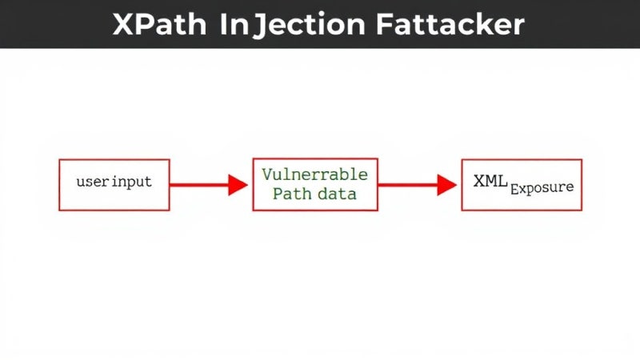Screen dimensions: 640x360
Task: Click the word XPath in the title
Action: (159, 25)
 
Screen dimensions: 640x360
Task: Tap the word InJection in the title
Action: (292, 25)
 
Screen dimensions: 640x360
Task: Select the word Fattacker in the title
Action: (450, 25)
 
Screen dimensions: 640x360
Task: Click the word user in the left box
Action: (93, 182)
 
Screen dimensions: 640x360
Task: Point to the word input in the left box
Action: (131, 182)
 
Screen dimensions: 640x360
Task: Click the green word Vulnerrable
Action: (314, 174)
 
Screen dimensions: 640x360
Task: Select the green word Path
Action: (292, 194)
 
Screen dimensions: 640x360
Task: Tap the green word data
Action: (337, 194)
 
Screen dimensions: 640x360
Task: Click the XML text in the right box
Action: (490, 181)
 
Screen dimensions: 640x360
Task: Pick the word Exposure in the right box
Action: (542, 188)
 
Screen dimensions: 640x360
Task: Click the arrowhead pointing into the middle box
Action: (238, 185)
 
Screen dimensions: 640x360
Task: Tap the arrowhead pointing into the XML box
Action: (447, 185)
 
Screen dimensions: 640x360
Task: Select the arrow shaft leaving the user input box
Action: (199, 185)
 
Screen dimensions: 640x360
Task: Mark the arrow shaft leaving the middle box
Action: (408, 185)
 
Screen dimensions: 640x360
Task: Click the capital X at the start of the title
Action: (123, 25)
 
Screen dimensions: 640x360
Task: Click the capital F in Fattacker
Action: (384, 25)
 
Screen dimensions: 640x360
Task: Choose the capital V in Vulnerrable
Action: (267, 174)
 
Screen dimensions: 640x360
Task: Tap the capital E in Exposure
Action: (514, 189)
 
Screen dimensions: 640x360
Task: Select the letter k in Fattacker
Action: (488, 25)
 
